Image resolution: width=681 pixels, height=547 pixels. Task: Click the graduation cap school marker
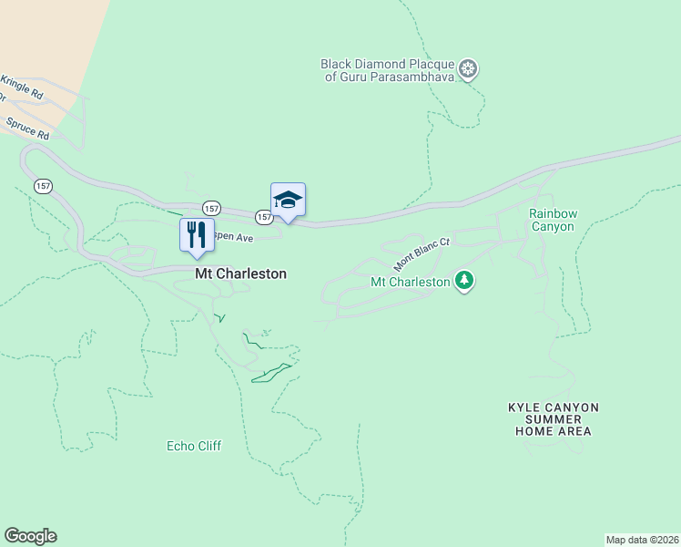288,201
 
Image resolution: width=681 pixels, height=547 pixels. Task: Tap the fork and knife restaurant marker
197,235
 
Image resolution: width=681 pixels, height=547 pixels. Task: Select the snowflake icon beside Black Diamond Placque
469,70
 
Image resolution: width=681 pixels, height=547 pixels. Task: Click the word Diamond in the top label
381,64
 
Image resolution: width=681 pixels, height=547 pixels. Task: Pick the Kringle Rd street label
21,88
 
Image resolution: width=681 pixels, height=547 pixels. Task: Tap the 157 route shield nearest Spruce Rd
44,185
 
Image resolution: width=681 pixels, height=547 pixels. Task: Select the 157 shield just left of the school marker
263,217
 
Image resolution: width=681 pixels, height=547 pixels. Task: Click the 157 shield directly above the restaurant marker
210,207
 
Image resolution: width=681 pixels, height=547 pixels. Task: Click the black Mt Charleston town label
240,273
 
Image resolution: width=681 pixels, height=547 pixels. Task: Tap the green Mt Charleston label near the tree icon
411,282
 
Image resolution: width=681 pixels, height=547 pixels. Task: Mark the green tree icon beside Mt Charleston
465,281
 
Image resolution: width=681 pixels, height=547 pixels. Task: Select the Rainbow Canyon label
554,220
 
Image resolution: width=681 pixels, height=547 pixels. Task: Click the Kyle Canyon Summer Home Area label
554,419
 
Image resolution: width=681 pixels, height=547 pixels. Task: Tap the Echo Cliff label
194,446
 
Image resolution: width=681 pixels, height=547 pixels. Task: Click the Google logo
30,536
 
